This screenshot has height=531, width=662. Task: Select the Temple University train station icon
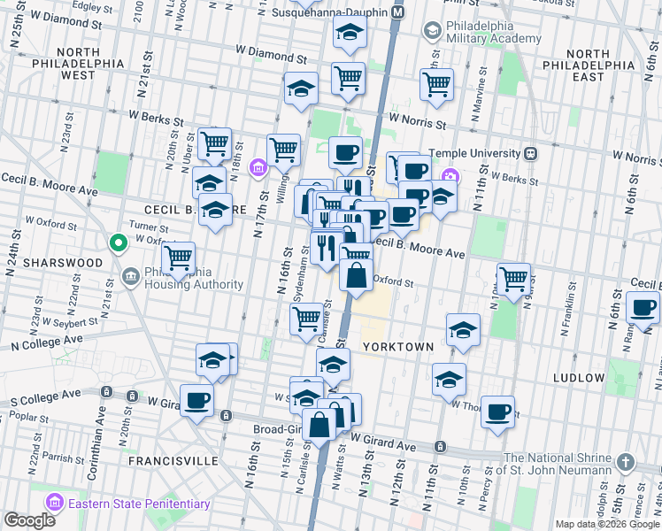(531, 153)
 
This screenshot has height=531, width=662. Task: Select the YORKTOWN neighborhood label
(397, 348)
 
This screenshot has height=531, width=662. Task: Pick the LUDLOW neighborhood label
(578, 378)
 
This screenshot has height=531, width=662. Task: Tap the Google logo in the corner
(29, 519)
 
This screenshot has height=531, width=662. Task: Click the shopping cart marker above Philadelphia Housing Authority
(179, 258)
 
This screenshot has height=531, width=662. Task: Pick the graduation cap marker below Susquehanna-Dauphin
(350, 34)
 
